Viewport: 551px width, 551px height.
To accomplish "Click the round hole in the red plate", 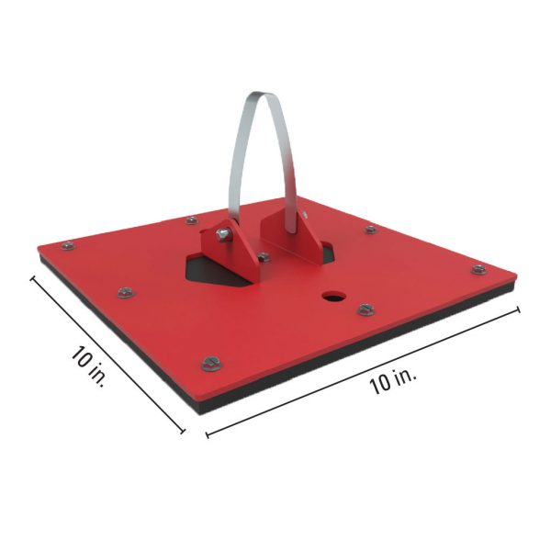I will pyautogui.click(x=332, y=298).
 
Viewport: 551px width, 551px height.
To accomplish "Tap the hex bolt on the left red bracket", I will pyautogui.click(x=221, y=237).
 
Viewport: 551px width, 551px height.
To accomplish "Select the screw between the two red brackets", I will pyautogui.click(x=264, y=257).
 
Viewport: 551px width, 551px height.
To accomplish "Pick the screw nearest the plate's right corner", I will pyautogui.click(x=478, y=269).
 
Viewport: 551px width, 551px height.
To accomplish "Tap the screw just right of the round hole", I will pyautogui.click(x=365, y=309).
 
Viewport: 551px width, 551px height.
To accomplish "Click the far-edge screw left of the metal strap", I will pyautogui.click(x=190, y=220).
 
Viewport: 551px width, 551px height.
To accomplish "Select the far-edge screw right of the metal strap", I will pyautogui.click(x=370, y=229).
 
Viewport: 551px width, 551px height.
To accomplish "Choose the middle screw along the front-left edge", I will pyautogui.click(x=124, y=293).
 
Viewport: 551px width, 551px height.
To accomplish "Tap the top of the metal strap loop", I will pyautogui.click(x=265, y=93).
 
